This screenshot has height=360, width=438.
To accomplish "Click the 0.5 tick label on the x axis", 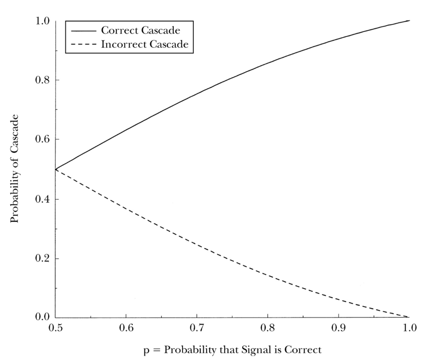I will coord(55,328).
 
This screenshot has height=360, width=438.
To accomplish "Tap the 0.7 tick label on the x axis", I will coord(197,328).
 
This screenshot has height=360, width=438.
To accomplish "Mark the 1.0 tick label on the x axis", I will coord(409,328).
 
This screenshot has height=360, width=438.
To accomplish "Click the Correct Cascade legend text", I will coord(140,30).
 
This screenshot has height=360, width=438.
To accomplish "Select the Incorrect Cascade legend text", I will coord(145,44).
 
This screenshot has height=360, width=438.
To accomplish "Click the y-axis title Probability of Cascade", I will coord(14,169).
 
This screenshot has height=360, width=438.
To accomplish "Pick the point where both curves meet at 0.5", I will coord(56,169).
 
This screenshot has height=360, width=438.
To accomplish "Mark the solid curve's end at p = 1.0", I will coord(409,21).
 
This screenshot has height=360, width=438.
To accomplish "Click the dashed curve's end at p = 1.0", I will coord(408,317).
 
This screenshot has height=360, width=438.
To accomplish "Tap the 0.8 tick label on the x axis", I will coord(268,328).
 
